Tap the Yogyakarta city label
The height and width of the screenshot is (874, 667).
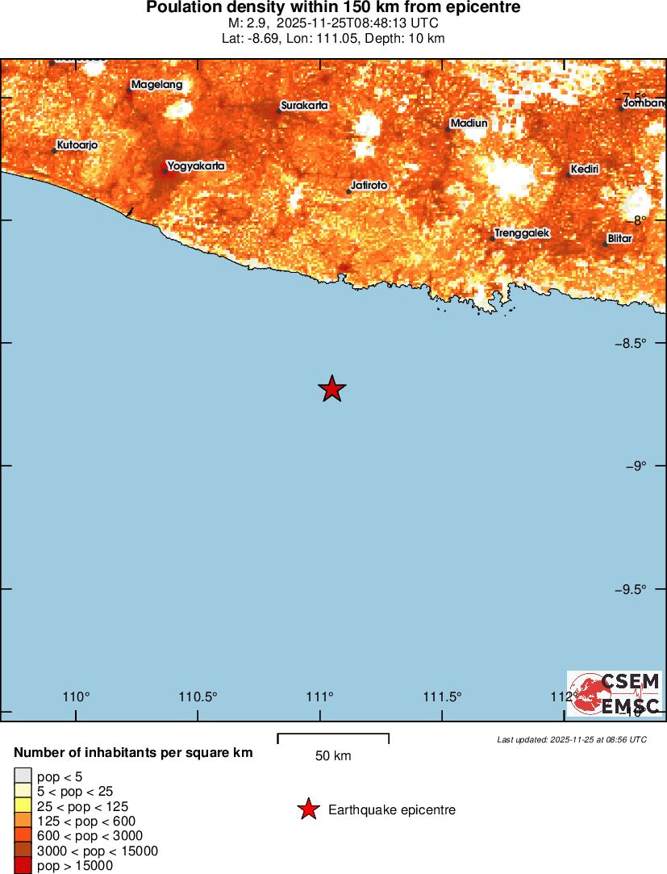[x=195, y=165]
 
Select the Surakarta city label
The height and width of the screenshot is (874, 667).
[x=306, y=105]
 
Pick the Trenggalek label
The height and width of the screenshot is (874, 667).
[x=522, y=233]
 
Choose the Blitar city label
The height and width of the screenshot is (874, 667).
[x=620, y=239]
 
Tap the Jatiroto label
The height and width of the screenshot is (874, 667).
[x=369, y=186]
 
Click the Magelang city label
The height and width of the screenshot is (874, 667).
[x=156, y=85]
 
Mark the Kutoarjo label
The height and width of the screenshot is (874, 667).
[x=77, y=145]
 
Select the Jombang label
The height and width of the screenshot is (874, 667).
[x=645, y=103]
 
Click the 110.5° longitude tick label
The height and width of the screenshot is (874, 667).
[x=198, y=697]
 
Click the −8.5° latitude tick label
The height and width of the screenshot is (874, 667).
[x=629, y=343]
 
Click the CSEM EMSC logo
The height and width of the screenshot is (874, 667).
[x=615, y=693]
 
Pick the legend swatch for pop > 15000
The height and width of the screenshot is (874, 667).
[x=23, y=866]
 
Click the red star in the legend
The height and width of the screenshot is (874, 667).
[x=308, y=809]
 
